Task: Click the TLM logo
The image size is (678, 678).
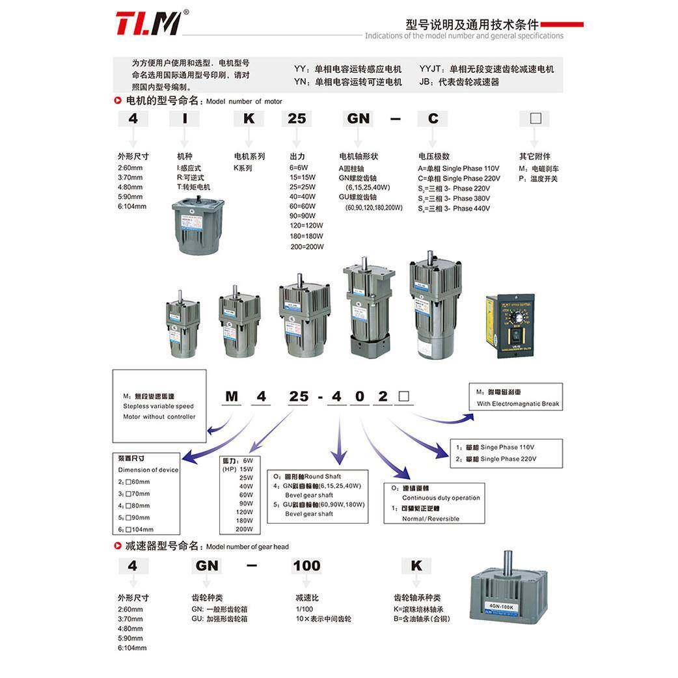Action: [148, 23]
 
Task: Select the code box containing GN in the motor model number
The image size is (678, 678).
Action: [359, 118]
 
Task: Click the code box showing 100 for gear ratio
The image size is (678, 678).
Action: [306, 565]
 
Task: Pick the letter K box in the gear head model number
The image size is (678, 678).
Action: [416, 565]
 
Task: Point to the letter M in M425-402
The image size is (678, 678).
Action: [231, 396]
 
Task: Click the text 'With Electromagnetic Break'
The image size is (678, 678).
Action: [518, 403]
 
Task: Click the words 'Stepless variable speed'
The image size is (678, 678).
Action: [158, 406]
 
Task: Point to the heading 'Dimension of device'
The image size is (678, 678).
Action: [148, 470]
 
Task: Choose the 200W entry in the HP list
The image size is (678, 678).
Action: [245, 529]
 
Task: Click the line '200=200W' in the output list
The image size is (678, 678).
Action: [306, 247]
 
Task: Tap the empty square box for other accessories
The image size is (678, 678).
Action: [536, 118]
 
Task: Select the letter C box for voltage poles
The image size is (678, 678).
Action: [433, 118]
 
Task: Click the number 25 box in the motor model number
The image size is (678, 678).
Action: [297, 118]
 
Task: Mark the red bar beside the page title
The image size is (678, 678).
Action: [562, 25]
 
